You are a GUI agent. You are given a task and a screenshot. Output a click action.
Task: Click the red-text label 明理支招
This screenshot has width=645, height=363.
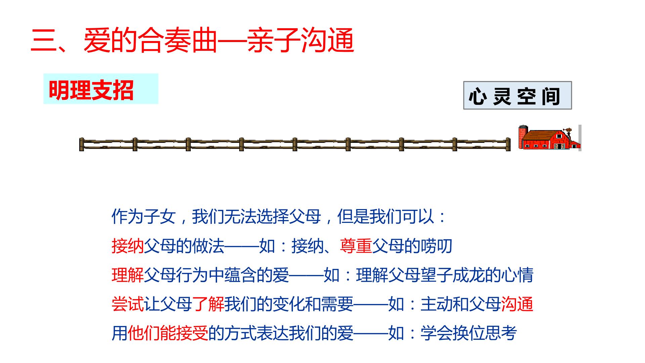(91, 90)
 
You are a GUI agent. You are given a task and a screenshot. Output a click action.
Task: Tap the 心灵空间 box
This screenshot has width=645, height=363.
(517, 95)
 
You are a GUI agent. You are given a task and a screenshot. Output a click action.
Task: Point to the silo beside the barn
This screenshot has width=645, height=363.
(523, 137)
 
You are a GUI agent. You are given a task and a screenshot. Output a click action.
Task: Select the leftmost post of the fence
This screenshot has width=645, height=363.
(82, 144)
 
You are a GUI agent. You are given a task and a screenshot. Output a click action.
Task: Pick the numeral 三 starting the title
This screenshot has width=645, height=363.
(44, 40)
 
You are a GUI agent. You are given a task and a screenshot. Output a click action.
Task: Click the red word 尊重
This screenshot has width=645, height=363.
(356, 246)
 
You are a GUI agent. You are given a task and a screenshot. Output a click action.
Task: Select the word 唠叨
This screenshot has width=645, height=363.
(436, 246)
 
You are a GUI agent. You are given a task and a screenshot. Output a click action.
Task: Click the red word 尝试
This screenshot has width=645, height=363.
(128, 304)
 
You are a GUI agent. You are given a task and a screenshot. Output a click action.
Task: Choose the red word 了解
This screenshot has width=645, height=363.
(208, 304)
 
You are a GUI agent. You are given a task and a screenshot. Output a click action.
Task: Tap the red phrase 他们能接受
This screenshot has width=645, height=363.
(168, 333)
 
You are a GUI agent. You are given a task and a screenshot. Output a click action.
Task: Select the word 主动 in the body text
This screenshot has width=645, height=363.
(436, 304)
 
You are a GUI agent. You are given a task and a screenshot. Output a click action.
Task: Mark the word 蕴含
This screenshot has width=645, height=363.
(241, 275)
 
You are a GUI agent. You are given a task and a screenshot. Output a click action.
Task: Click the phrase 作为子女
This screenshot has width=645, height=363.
(144, 217)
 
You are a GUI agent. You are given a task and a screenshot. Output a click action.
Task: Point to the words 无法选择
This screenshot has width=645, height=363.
(257, 217)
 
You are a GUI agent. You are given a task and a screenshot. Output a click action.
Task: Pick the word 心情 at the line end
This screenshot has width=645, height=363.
(517, 275)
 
